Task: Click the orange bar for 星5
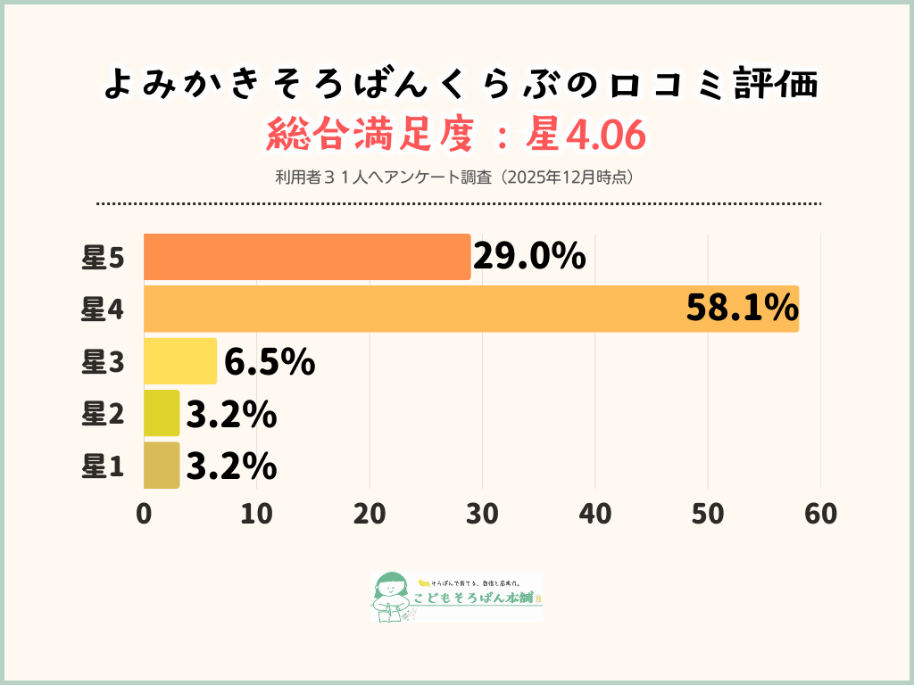tap(306, 257)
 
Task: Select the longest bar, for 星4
tap(470, 309)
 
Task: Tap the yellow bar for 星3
tap(179, 360)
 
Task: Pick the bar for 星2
tap(162, 413)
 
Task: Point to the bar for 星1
tap(162, 465)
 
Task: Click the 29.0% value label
tap(529, 257)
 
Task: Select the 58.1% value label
tap(742, 309)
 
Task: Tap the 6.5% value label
tap(270, 361)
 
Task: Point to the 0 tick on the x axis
tap(144, 515)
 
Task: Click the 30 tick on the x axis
tap(482, 515)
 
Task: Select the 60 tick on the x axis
tap(820, 515)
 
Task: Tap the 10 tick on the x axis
tap(256, 515)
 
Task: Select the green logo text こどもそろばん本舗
tap(478, 598)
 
